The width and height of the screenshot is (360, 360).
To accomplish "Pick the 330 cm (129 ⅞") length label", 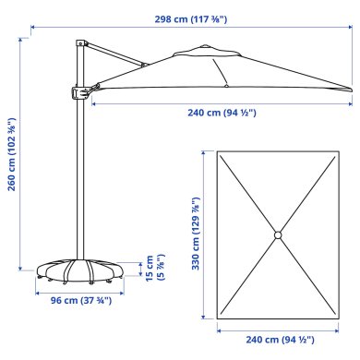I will pos(196,236).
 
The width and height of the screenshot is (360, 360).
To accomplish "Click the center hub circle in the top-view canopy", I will pos(276,236).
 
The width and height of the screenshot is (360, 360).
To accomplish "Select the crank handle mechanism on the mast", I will pos(79,91).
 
